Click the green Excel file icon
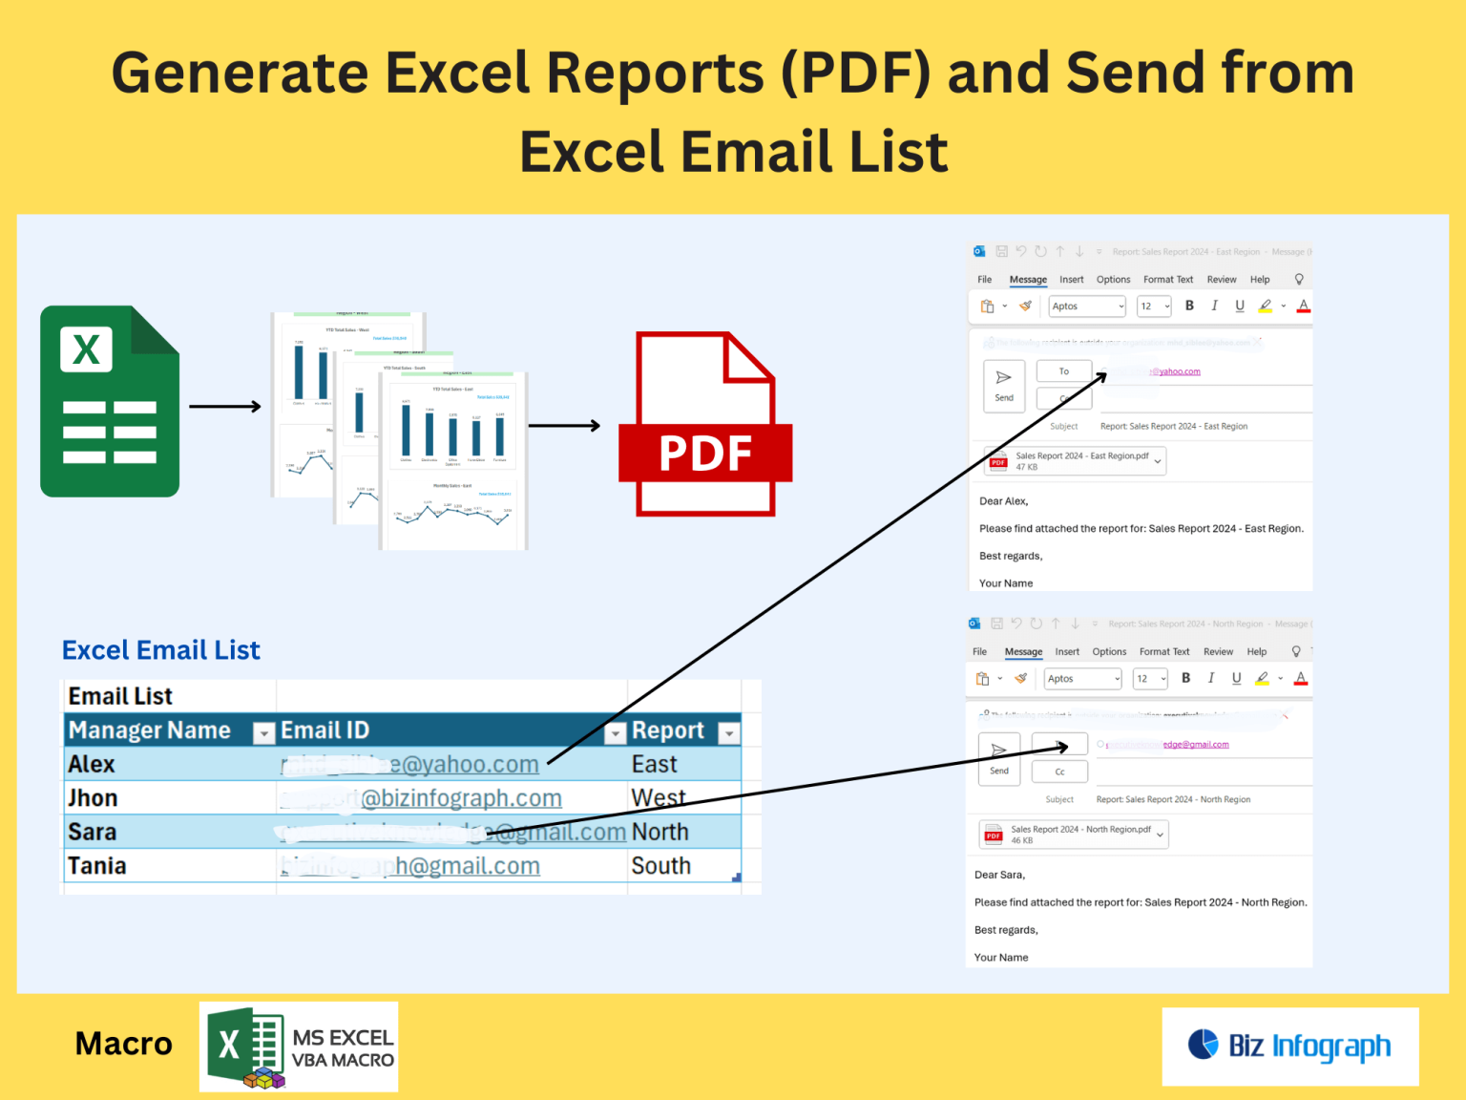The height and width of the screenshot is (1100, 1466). point(110,401)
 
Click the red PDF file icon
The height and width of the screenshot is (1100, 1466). point(705,425)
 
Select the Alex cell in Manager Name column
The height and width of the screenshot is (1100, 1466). point(92,765)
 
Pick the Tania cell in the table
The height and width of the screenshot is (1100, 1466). point(97,866)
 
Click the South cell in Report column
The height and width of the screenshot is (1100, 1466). point(660,866)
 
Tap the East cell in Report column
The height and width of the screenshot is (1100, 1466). point(655,765)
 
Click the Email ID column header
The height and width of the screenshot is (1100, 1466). point(325,731)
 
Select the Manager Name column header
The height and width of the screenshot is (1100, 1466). point(150,731)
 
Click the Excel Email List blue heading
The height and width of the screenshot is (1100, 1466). point(160,650)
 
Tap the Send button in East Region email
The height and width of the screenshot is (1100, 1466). point(1004,386)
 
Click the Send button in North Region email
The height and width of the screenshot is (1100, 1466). point(999,759)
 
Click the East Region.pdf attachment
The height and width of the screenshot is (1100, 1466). point(1075,461)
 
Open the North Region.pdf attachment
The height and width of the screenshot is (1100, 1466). point(1073,835)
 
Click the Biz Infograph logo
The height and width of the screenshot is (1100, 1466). point(1290,1047)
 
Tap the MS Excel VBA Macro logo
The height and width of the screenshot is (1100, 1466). point(299,1047)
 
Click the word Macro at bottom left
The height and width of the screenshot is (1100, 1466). point(124,1044)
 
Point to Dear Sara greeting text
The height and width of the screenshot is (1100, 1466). point(999,875)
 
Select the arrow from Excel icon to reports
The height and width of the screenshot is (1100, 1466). point(225,407)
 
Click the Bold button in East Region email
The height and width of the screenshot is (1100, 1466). point(1189,306)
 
